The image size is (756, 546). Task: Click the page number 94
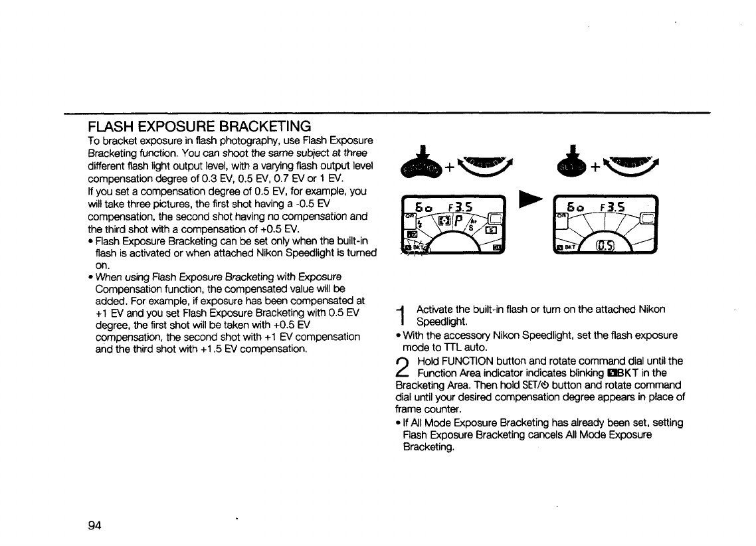94,525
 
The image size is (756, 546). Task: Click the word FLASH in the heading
111,126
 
